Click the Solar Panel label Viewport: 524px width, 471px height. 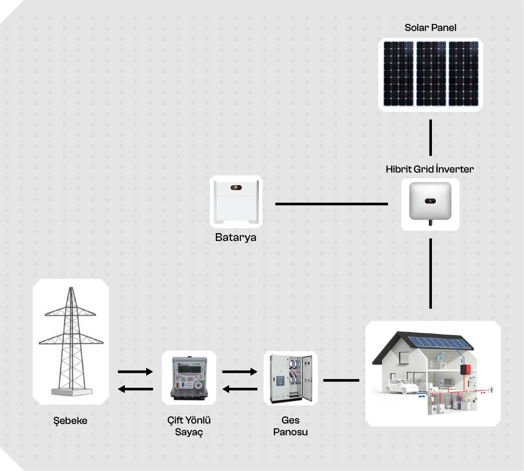click(430, 27)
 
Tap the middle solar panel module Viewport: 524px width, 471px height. click(431, 74)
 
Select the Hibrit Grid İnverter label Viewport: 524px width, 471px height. click(429, 169)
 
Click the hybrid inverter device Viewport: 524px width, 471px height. click(430, 202)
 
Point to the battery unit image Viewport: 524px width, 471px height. click(236, 201)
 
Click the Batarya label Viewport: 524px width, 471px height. click(236, 237)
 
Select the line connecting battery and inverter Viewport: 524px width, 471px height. click(331, 203)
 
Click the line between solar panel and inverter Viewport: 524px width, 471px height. click(431, 138)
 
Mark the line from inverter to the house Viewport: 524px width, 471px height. click(431, 273)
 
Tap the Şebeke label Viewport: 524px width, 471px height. click(70, 421)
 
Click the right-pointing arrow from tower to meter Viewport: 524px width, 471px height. click(135, 372)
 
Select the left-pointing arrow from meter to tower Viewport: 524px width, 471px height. click(135, 389)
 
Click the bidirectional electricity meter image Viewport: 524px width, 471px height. click(189, 377)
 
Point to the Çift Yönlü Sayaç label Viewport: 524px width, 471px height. click(189, 426)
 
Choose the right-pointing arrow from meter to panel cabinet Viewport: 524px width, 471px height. click(240, 372)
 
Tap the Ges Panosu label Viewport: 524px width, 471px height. click(291, 426)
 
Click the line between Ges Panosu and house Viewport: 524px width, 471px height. click(341, 380)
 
